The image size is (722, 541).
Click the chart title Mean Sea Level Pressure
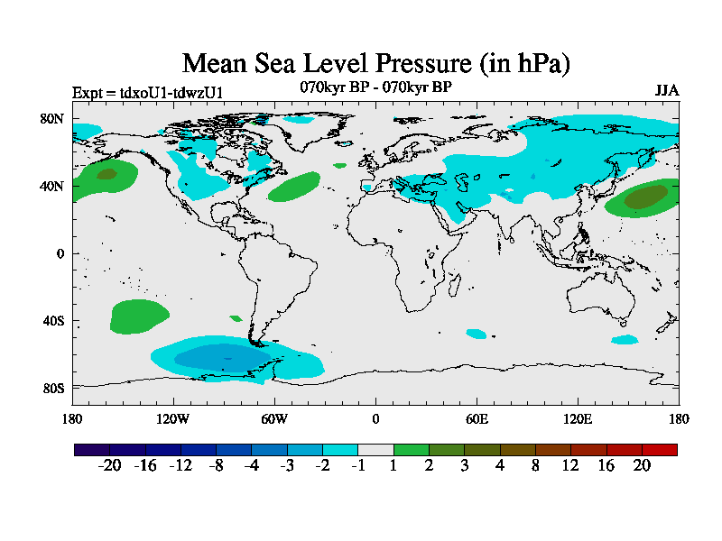click(x=376, y=63)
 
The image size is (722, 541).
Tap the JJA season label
click(x=666, y=91)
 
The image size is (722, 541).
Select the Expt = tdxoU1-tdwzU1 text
click(x=147, y=92)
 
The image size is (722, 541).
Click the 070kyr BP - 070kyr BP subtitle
click(x=376, y=87)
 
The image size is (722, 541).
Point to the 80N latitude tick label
click(x=52, y=118)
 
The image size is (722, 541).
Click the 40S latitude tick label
click(x=52, y=321)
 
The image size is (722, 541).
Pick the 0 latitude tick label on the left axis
click(x=60, y=253)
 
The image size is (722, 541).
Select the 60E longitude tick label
click(x=477, y=418)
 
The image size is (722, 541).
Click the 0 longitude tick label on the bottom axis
click(x=375, y=418)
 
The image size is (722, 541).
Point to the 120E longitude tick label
click(x=578, y=418)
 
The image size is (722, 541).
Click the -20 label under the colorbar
click(x=109, y=465)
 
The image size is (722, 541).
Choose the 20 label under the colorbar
click(x=641, y=465)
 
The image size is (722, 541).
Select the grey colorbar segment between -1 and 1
click(x=375, y=449)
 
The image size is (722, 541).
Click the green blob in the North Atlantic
click(x=294, y=187)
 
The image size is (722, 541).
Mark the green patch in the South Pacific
click(x=139, y=316)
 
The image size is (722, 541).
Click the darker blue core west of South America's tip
click(x=217, y=357)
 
